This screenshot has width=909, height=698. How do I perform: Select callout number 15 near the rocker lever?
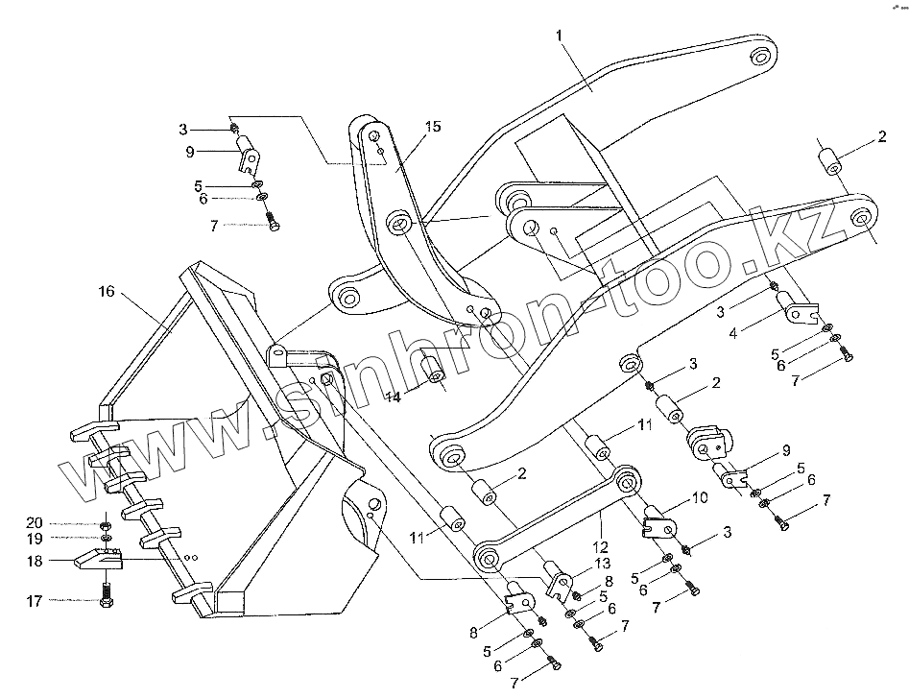tap(435, 126)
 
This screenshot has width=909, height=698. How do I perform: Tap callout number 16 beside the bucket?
tap(106, 291)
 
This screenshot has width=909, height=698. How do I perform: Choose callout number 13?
tap(603, 563)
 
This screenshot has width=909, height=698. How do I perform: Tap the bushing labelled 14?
tap(433, 370)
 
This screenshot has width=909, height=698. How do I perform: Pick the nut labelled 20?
tap(105, 524)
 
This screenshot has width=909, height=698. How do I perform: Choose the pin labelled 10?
tap(660, 518)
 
